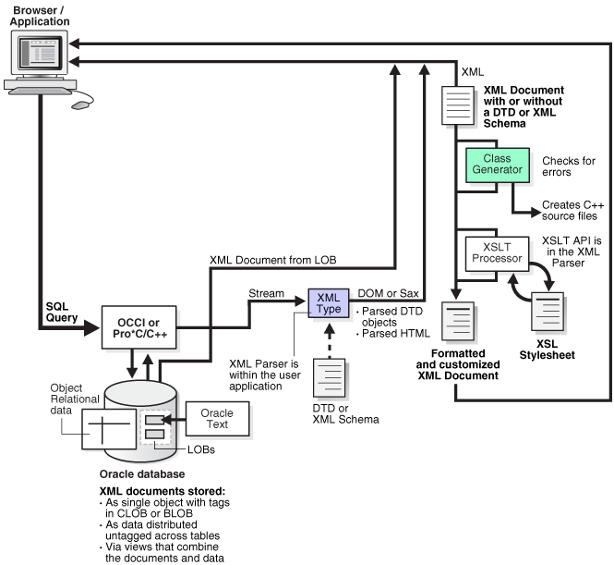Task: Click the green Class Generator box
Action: point(498,165)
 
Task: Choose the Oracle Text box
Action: point(218,419)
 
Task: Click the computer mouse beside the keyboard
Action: point(82,104)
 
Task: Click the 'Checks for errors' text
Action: point(569,165)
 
